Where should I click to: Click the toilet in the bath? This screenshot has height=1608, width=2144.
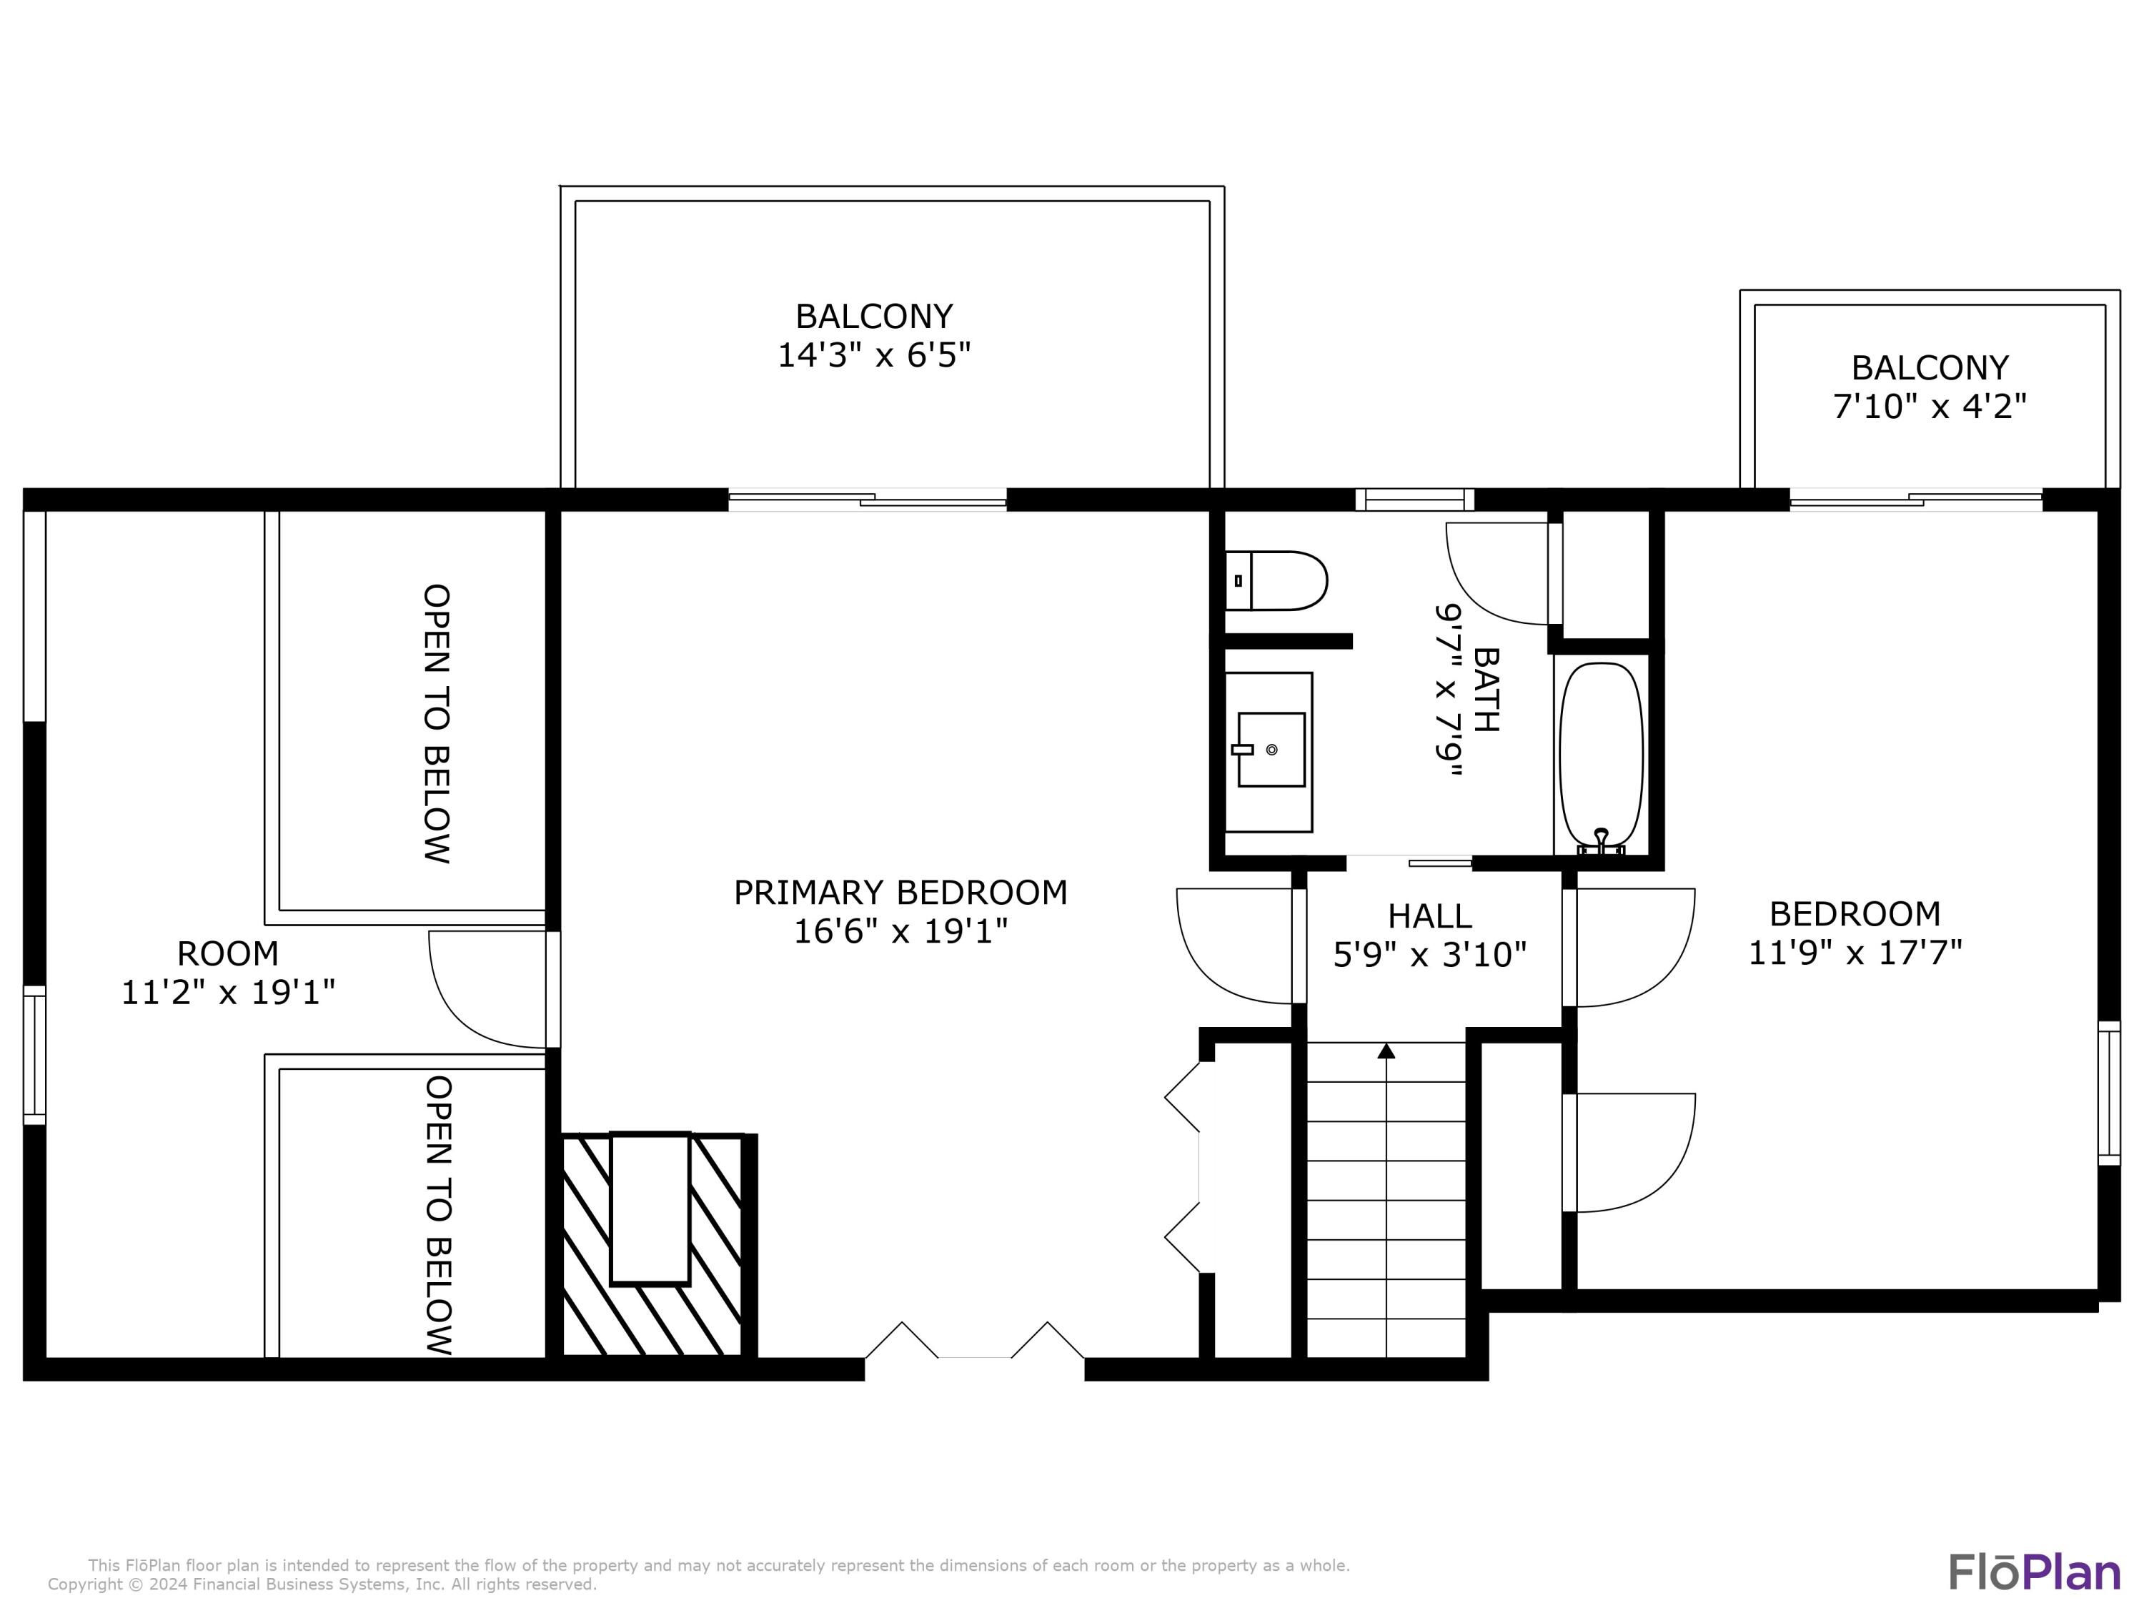(x=1276, y=580)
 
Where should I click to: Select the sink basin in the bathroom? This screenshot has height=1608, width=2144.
(x=1271, y=749)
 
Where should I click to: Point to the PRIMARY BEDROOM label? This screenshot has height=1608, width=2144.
(x=900, y=892)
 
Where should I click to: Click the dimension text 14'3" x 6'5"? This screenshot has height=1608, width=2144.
(x=874, y=354)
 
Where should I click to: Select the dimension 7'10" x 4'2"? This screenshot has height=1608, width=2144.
(x=1930, y=405)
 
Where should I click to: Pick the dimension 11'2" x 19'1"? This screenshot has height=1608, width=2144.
(x=228, y=991)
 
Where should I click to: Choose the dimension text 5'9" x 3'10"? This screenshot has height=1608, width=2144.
(x=1429, y=955)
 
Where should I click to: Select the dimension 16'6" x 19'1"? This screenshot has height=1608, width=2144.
(x=900, y=931)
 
